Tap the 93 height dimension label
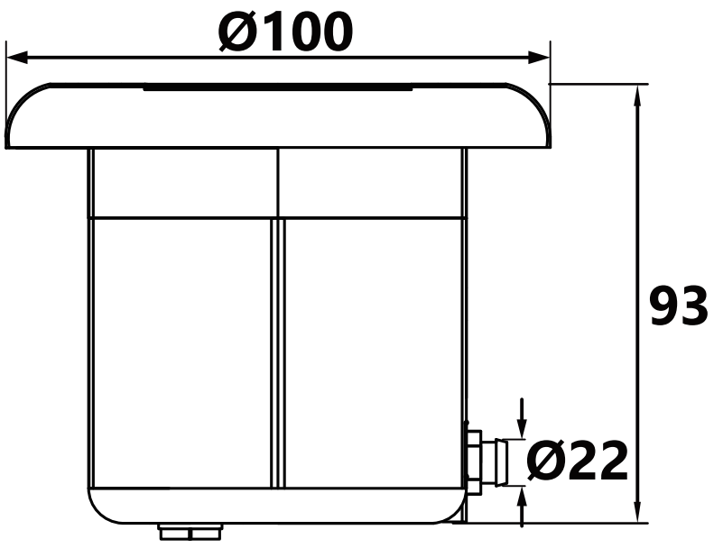679,306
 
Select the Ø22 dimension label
578,461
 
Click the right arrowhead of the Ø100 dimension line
539,58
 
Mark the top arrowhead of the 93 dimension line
639,96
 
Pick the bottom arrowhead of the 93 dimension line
639,512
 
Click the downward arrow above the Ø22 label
523,418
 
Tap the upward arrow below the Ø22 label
523,507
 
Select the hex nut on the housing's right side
474,462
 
